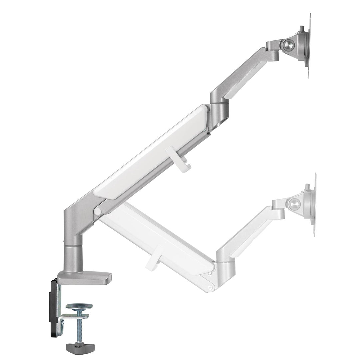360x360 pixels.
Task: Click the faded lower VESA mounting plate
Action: pos(314,205)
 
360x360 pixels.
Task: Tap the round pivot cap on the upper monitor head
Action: pos(288,44)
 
